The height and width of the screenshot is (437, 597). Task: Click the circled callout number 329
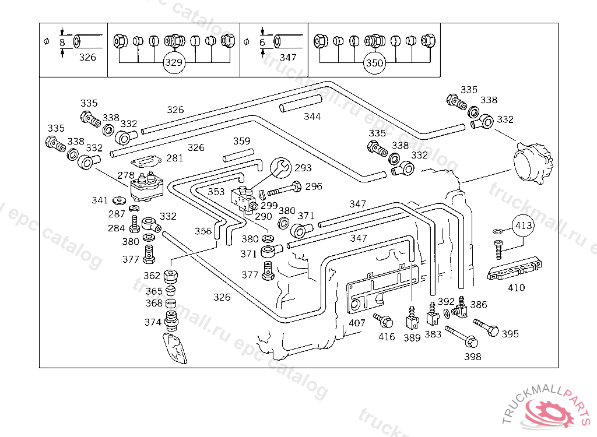point(173,63)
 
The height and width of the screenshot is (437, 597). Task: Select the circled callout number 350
point(374,63)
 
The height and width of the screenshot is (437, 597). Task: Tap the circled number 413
point(524,224)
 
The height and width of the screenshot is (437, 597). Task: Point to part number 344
point(312,117)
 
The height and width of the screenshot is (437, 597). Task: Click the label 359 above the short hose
point(241,141)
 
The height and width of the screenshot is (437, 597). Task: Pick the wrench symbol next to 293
point(280,167)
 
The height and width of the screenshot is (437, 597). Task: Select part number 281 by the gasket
point(174,158)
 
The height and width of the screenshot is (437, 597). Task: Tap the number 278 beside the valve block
point(125,174)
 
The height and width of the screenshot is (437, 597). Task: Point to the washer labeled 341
point(120,201)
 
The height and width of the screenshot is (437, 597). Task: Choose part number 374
point(153,322)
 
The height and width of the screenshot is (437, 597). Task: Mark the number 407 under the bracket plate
point(357,323)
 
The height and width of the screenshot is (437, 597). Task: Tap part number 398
point(473,356)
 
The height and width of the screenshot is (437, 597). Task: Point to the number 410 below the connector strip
point(516,287)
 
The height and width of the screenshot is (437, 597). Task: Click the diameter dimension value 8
point(62,42)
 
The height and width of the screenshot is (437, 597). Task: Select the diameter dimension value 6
point(262,42)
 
